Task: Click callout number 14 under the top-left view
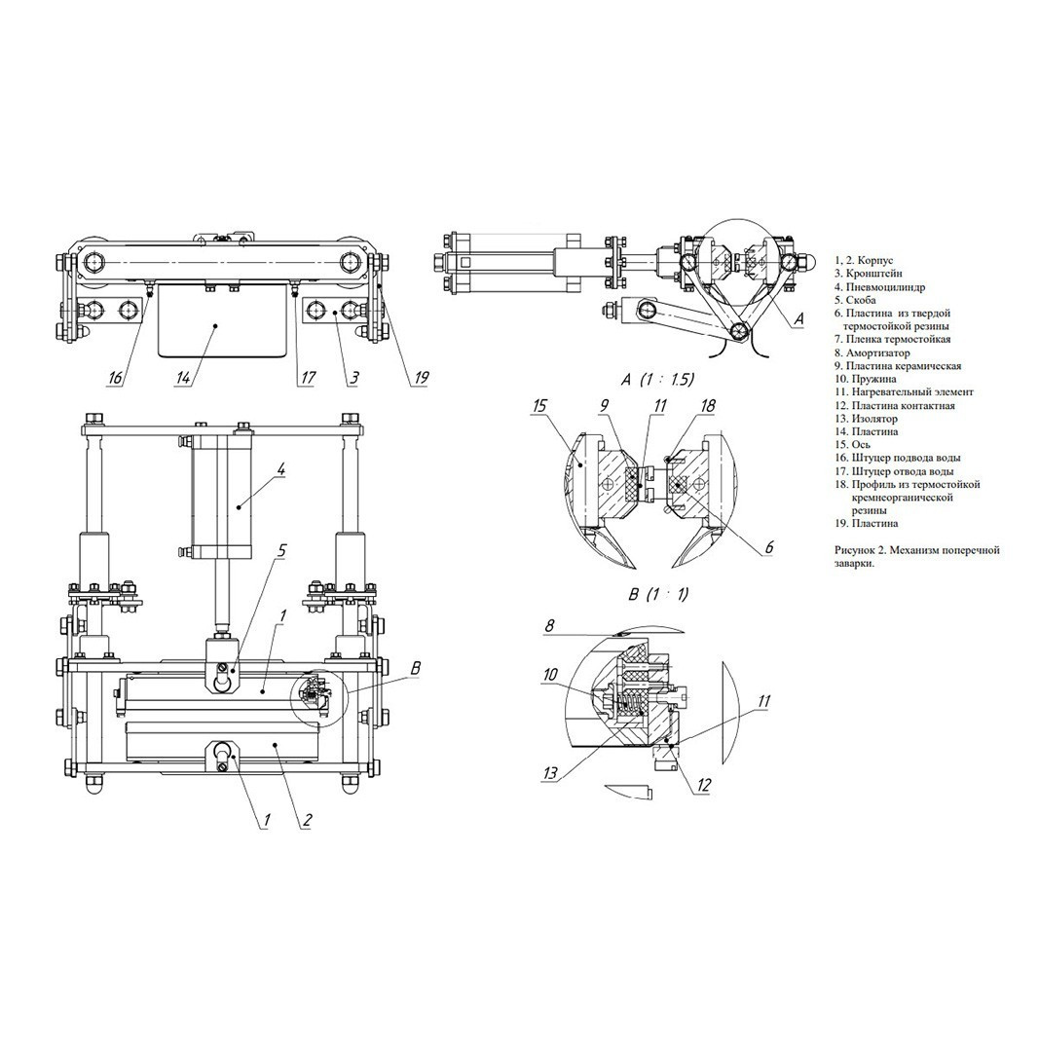183,378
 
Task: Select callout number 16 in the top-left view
115,378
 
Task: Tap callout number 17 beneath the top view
308,378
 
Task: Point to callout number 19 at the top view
421,378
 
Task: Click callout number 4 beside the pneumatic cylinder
280,469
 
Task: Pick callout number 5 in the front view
281,550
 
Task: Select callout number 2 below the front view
307,820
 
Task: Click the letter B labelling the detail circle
416,667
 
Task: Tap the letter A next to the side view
798,318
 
